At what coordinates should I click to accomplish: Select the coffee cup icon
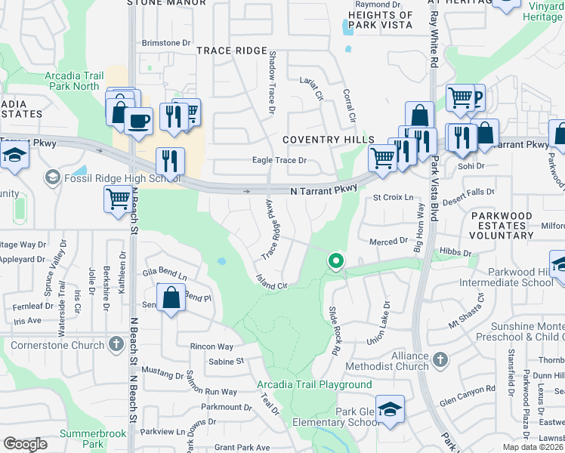[138, 121]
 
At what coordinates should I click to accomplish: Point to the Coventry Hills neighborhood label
[329, 140]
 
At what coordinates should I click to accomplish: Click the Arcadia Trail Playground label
[314, 385]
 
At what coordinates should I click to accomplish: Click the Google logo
[25, 444]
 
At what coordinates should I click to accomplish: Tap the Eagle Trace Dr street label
[279, 160]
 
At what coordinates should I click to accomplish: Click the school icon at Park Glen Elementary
[390, 409]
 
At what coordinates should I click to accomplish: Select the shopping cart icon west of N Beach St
[118, 200]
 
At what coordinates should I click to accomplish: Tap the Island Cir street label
[272, 282]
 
